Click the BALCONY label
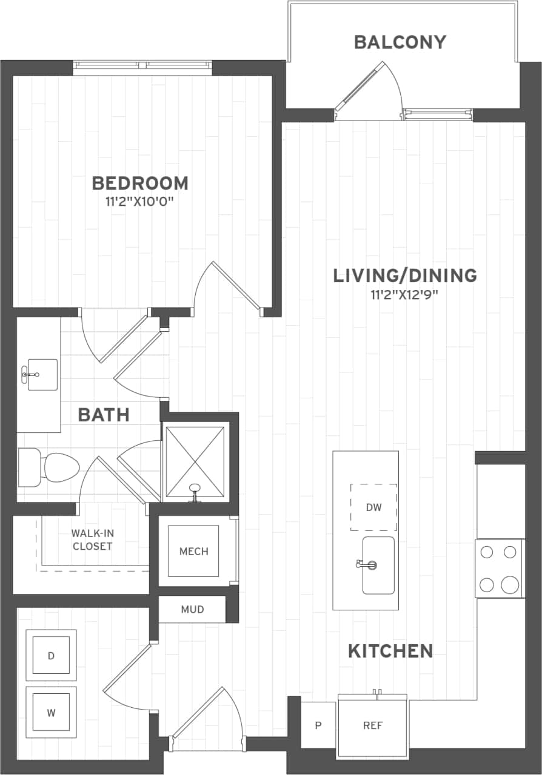(x=400, y=42)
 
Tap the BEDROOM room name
(x=140, y=183)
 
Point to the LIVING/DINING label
(x=405, y=276)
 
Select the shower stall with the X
(x=195, y=461)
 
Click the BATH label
(x=104, y=415)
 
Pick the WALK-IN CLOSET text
(x=92, y=539)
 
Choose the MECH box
(x=193, y=551)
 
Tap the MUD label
(x=192, y=609)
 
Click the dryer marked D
(x=51, y=655)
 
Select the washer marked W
(x=51, y=712)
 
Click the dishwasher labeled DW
(x=373, y=507)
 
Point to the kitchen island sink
(x=378, y=566)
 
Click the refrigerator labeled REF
(x=372, y=725)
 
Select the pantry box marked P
(x=318, y=725)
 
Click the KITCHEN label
(x=390, y=651)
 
